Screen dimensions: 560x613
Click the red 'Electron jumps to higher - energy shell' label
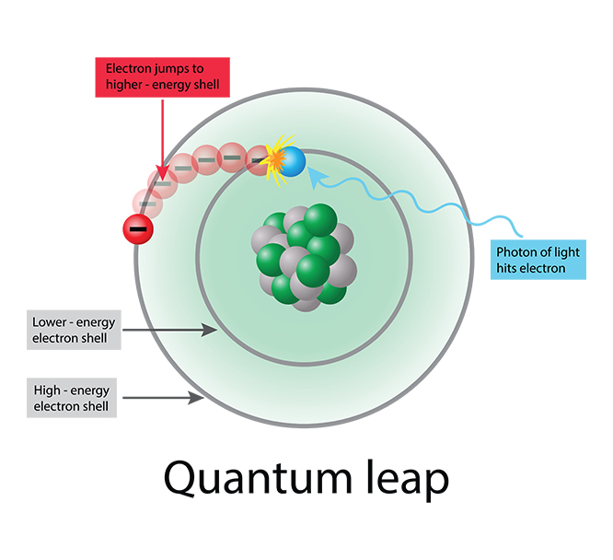coord(161,76)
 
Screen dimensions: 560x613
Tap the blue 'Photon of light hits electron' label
coord(539,261)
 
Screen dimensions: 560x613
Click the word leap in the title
coord(406,480)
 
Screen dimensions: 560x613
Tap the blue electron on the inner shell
coord(293,162)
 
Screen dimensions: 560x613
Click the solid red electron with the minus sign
coord(137,227)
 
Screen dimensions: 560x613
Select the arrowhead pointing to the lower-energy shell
coord(213,330)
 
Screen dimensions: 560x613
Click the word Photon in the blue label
coord(515,252)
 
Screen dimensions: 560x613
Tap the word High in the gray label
coord(46,391)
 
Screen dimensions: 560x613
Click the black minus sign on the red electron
coord(137,227)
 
